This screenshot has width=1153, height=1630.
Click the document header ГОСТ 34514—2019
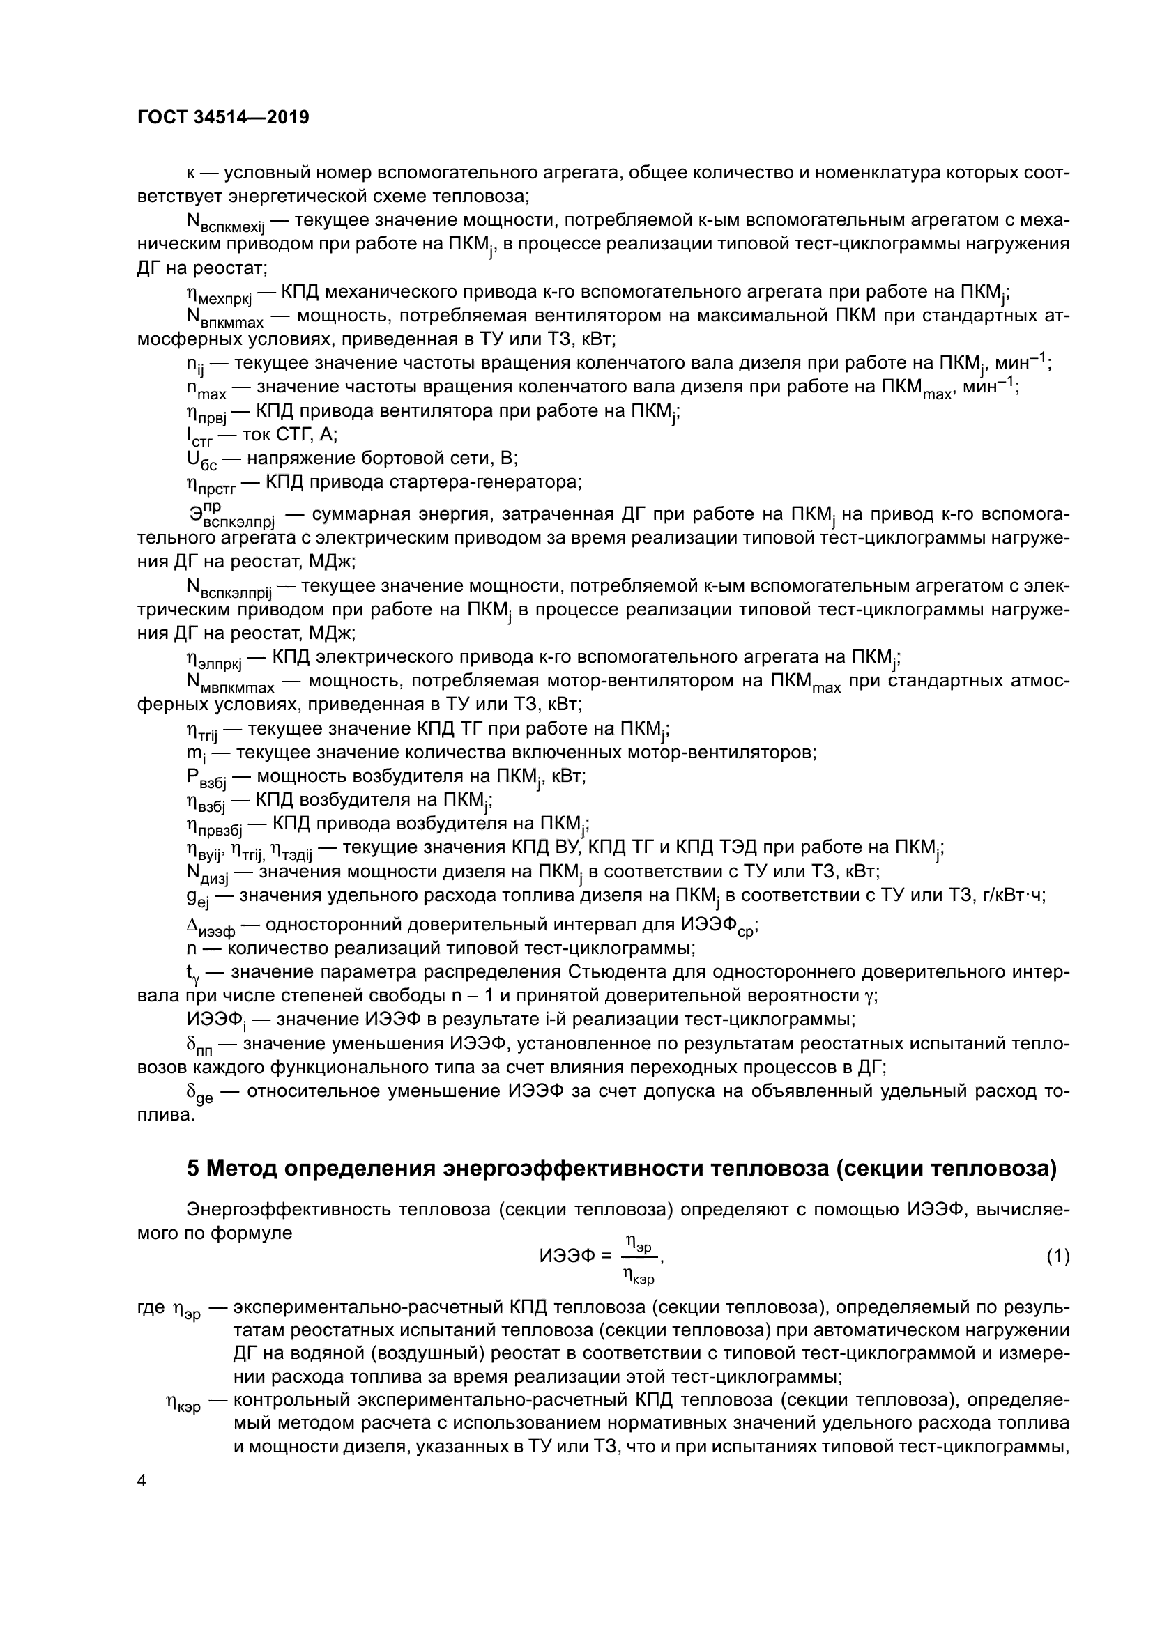(x=223, y=118)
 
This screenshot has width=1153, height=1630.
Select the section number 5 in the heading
(x=192, y=1169)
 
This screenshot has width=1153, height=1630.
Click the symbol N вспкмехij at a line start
(x=224, y=223)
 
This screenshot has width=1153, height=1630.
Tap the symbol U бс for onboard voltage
(x=201, y=459)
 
